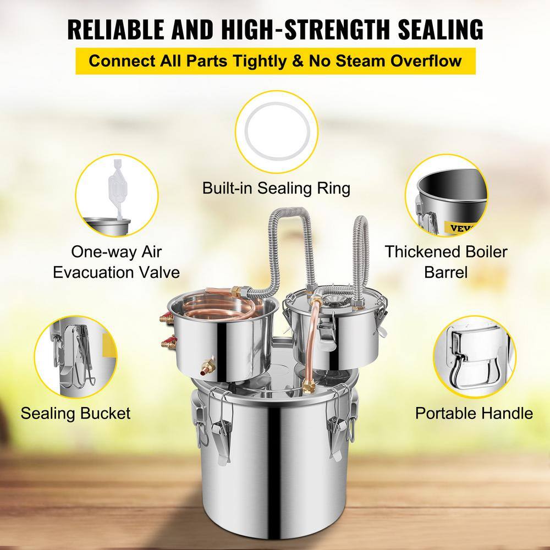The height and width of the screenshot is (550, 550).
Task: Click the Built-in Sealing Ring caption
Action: [x=276, y=188]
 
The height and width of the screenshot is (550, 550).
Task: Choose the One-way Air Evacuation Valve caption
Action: [x=117, y=262]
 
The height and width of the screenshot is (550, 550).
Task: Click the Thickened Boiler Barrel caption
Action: [x=446, y=261]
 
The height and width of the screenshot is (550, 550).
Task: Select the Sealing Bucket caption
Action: [x=76, y=413]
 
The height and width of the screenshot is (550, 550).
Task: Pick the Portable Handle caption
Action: [x=474, y=413]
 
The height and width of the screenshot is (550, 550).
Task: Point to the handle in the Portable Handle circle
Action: [x=473, y=357]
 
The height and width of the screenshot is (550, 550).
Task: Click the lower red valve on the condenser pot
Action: [x=166, y=345]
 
